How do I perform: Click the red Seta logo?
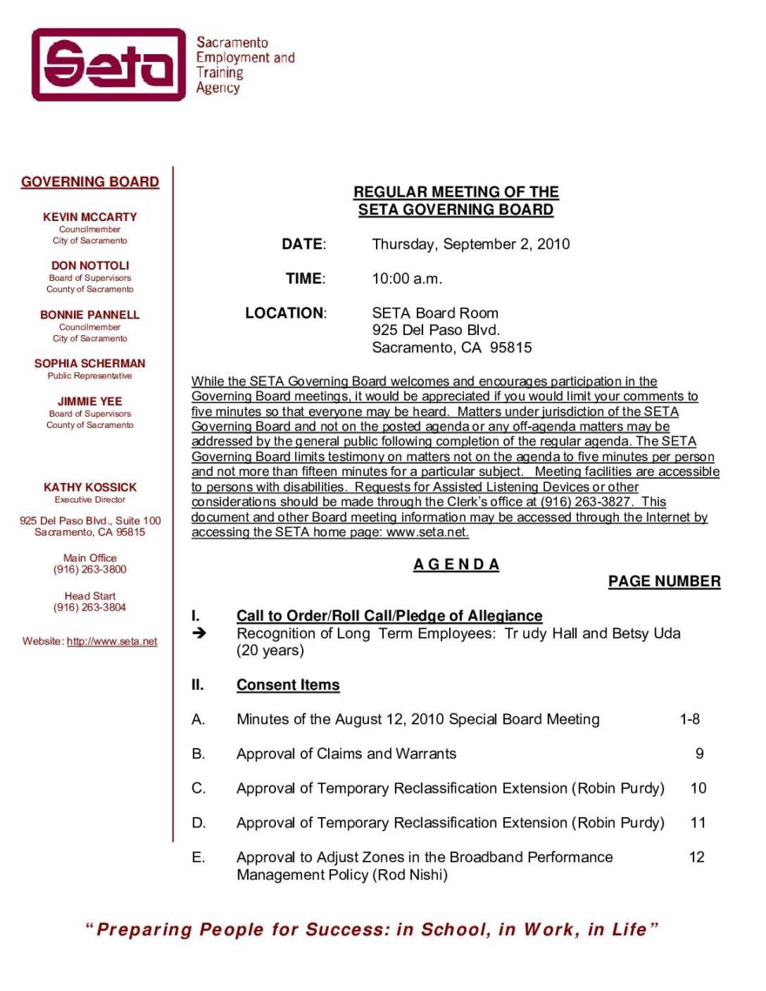pyautogui.click(x=109, y=64)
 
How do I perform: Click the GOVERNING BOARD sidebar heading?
pyautogui.click(x=90, y=182)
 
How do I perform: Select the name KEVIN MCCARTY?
pyautogui.click(x=90, y=217)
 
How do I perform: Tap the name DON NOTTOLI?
pyautogui.click(x=90, y=266)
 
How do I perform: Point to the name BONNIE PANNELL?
pyautogui.click(x=90, y=315)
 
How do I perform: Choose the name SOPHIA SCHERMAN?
pyautogui.click(x=90, y=363)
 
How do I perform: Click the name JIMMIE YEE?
pyautogui.click(x=90, y=401)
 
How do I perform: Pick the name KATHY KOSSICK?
pyautogui.click(x=90, y=488)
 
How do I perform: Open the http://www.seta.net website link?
pyautogui.click(x=112, y=642)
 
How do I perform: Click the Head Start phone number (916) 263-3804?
pyautogui.click(x=90, y=607)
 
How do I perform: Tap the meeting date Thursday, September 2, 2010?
pyautogui.click(x=470, y=244)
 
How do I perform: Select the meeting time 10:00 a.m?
pyautogui.click(x=407, y=278)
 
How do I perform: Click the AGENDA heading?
pyautogui.click(x=456, y=565)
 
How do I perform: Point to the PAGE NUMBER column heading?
pyautogui.click(x=664, y=581)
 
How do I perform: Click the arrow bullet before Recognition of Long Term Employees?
pyautogui.click(x=200, y=632)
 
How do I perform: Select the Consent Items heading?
pyautogui.click(x=288, y=685)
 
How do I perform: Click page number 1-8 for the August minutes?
pyautogui.click(x=690, y=719)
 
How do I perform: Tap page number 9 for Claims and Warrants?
pyautogui.click(x=699, y=753)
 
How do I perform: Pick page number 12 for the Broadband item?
pyautogui.click(x=697, y=857)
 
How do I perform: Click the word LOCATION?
pyautogui.click(x=285, y=313)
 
